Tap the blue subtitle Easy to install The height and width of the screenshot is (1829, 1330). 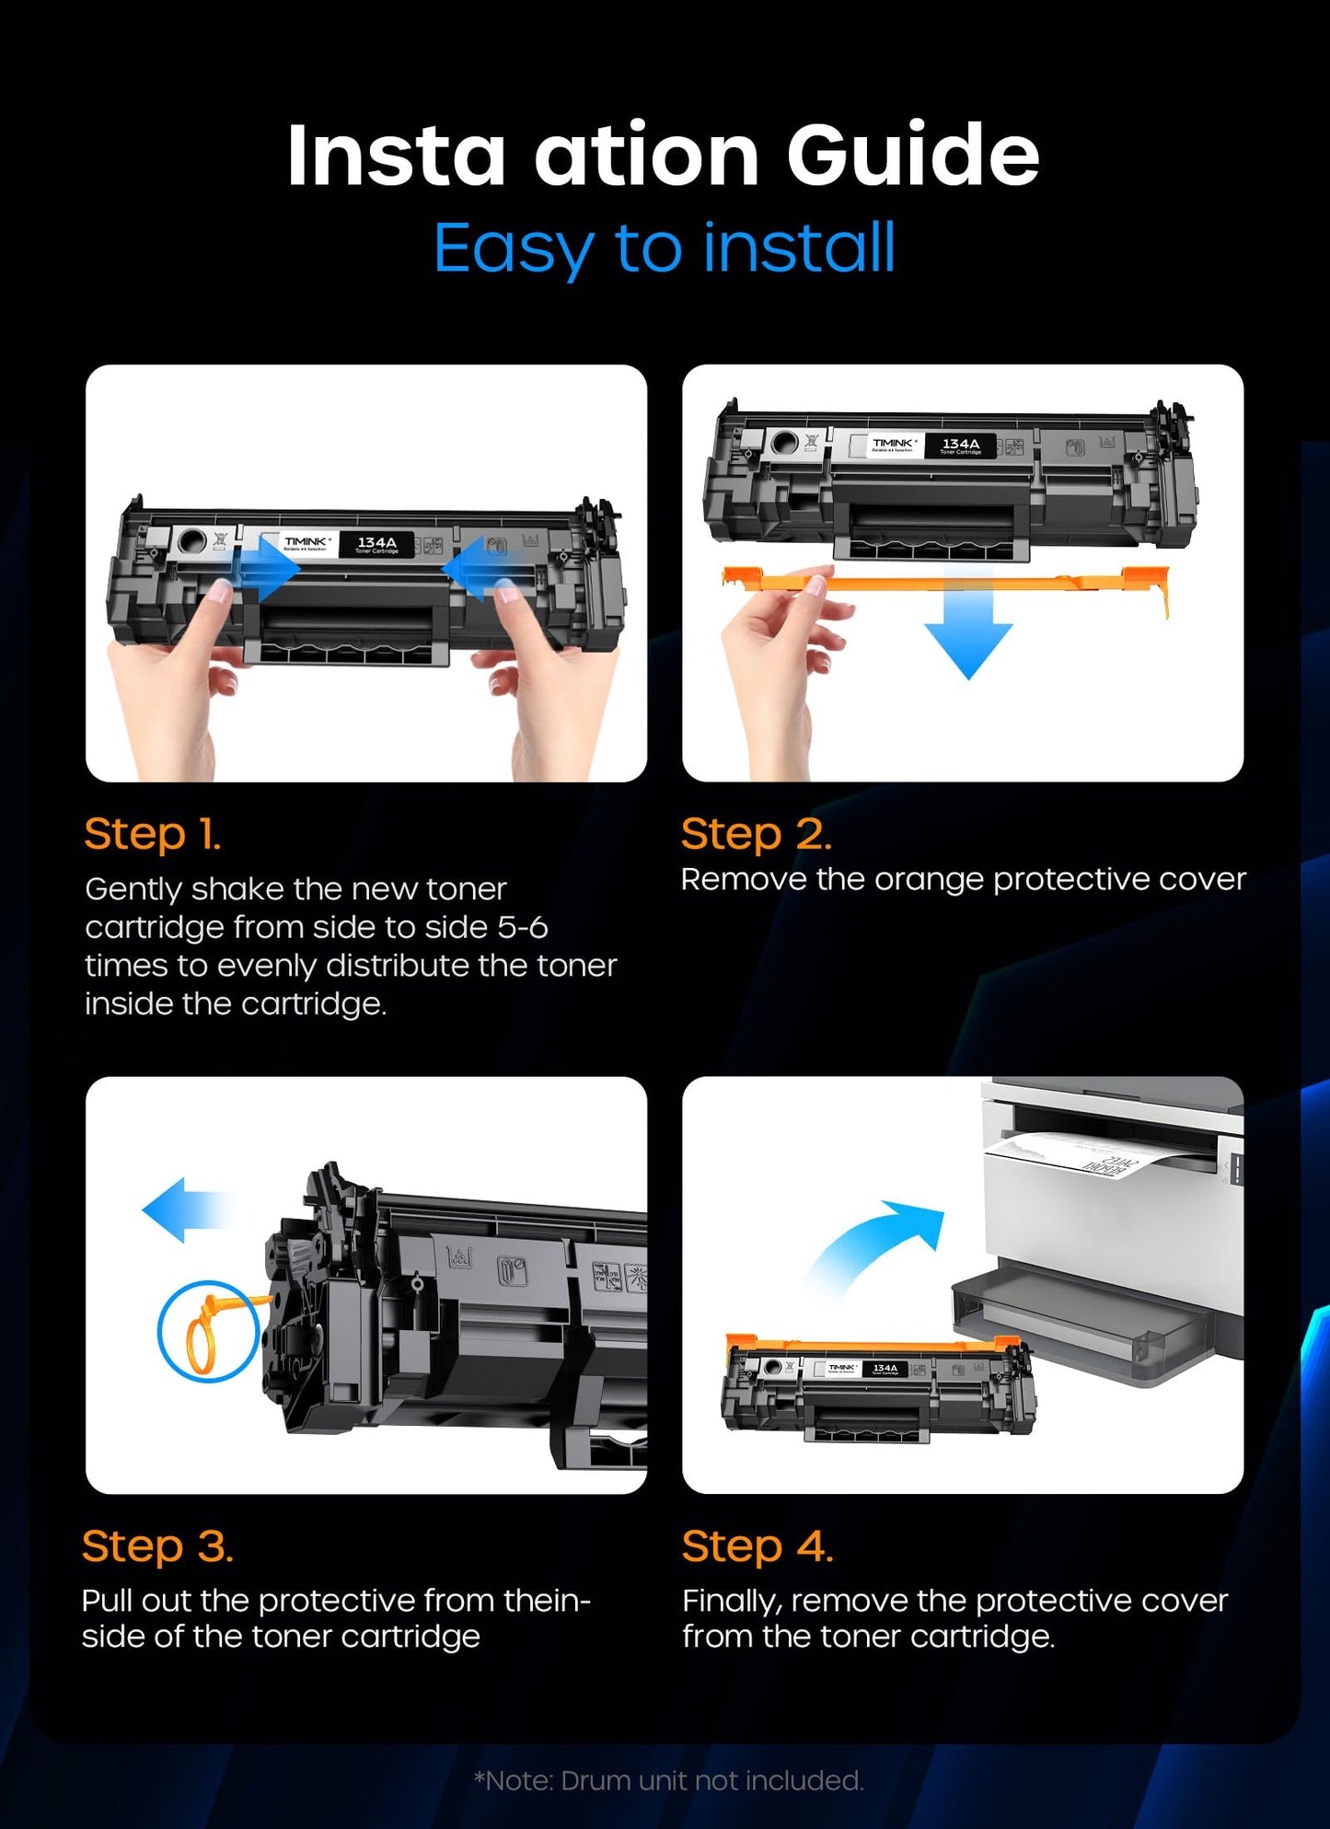[x=664, y=248]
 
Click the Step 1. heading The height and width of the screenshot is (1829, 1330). [x=153, y=834]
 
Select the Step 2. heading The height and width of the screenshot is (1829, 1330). [x=757, y=834]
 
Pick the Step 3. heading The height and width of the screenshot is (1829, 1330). [x=157, y=1545]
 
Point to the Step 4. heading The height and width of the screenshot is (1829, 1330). [x=758, y=1545]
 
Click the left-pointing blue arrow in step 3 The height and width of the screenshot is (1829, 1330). [x=185, y=1210]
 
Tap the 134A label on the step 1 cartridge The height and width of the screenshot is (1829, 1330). [x=376, y=544]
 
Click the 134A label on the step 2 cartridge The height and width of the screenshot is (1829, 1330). [x=960, y=446]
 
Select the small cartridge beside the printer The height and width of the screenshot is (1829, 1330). [x=878, y=1386]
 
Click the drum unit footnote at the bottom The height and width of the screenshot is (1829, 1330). [x=668, y=1780]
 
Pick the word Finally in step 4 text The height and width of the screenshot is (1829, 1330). [x=732, y=1602]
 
